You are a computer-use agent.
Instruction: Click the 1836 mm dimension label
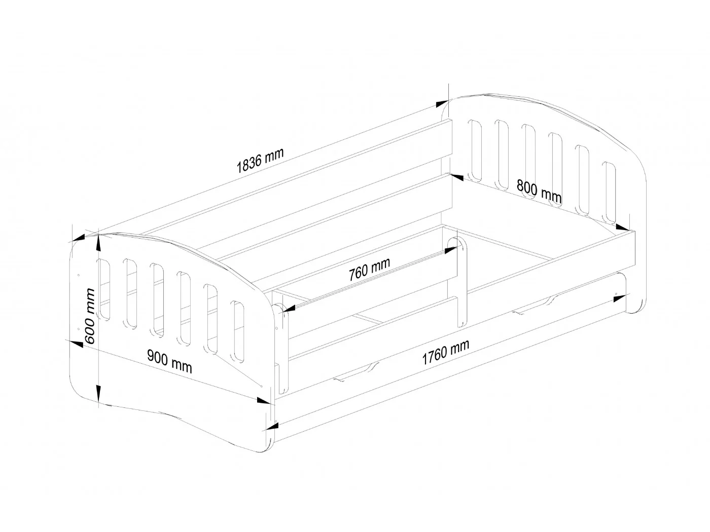[x=260, y=160]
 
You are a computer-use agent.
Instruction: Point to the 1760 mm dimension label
[x=445, y=352]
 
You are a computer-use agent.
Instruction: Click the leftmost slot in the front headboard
[x=104, y=290]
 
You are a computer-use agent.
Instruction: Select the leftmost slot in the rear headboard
[x=475, y=150]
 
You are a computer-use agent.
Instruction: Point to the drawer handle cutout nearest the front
[x=358, y=370]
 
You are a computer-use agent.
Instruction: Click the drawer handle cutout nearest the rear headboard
[x=535, y=306]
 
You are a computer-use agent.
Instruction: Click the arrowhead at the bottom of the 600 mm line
[x=98, y=392]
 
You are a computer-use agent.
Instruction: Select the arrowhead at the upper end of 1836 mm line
[x=442, y=103]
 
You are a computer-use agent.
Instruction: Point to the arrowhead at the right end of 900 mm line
[x=263, y=401]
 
